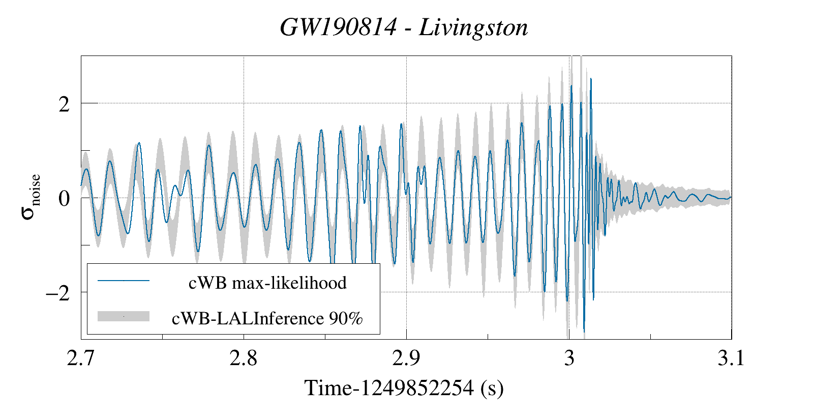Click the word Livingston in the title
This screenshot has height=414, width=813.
point(473,28)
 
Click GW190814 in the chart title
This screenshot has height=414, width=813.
point(338,27)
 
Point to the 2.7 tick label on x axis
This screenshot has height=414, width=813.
point(81,358)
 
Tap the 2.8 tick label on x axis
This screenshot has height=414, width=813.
point(244,358)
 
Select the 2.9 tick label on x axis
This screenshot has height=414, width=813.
point(406,358)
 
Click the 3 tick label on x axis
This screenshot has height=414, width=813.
point(569,358)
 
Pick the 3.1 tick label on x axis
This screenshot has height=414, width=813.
point(731,358)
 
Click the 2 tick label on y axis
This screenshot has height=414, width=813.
point(64,104)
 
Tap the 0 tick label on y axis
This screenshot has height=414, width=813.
point(64,199)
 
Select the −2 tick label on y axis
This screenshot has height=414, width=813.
point(57,293)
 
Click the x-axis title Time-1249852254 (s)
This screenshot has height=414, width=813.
point(404,389)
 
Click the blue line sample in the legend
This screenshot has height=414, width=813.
point(124,281)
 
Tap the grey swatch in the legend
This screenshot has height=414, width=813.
point(124,316)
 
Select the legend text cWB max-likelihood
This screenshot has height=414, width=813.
point(267,283)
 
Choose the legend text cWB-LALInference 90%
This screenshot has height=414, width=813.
point(267,318)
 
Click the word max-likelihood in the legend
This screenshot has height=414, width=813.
point(289,283)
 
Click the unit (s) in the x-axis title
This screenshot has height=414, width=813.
point(492,389)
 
